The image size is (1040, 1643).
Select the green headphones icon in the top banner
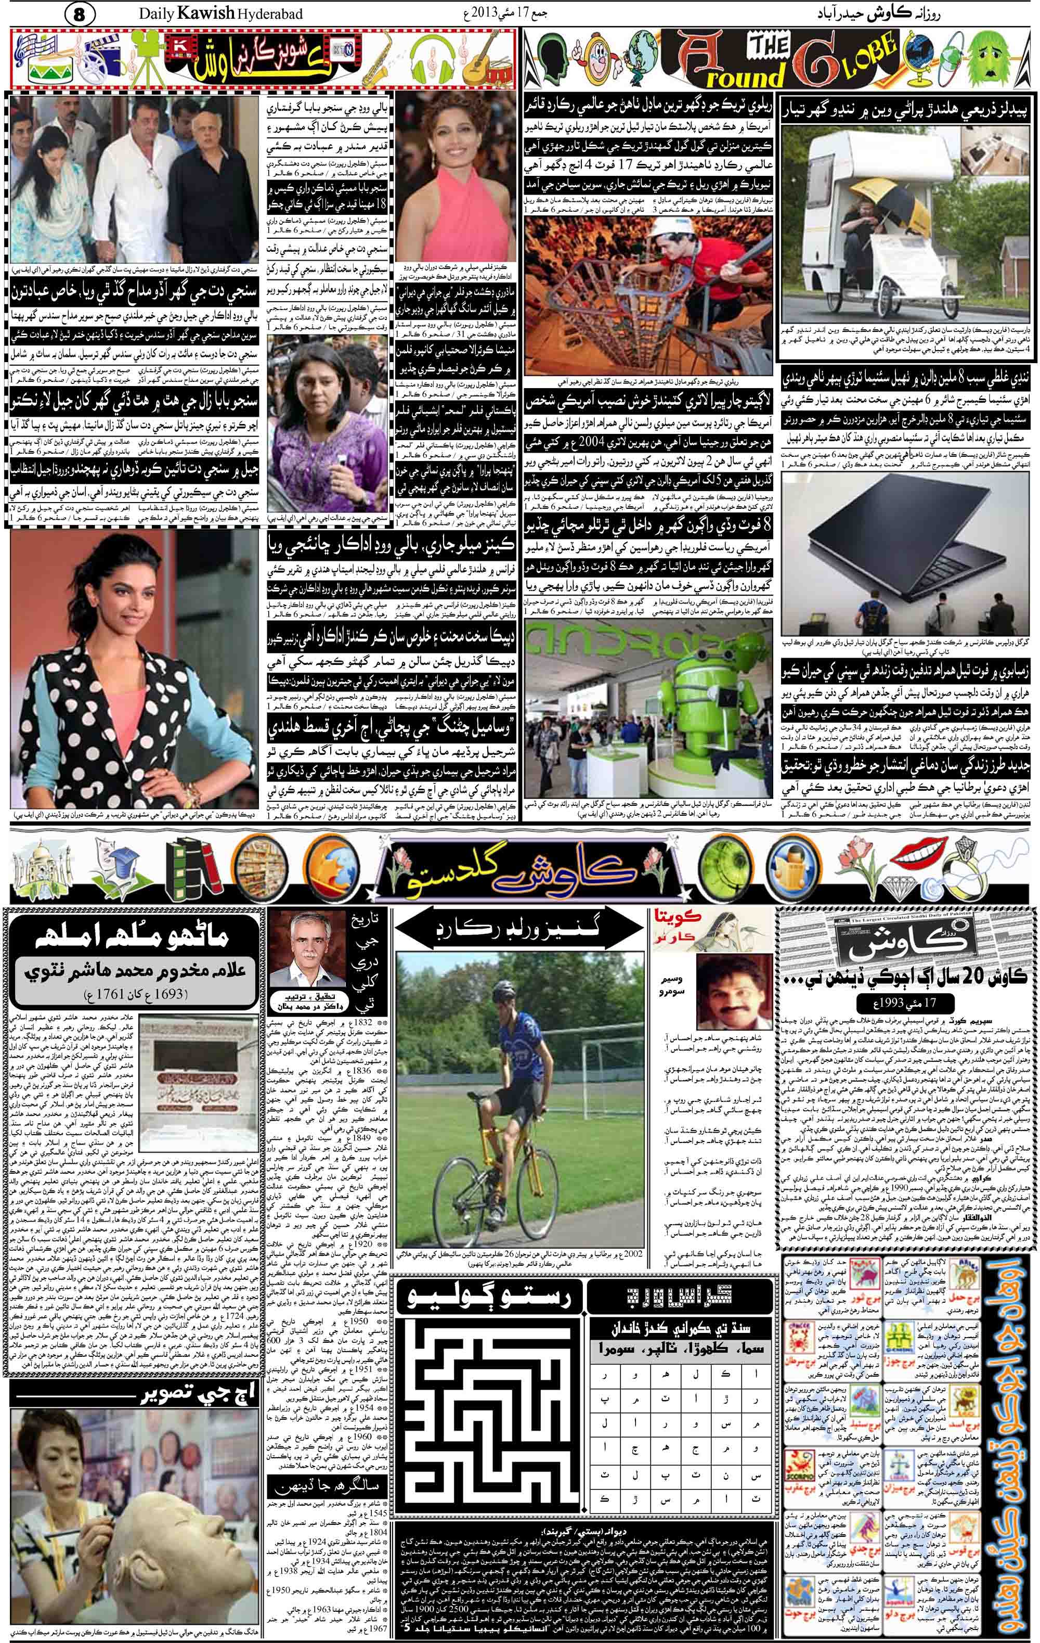431,57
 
